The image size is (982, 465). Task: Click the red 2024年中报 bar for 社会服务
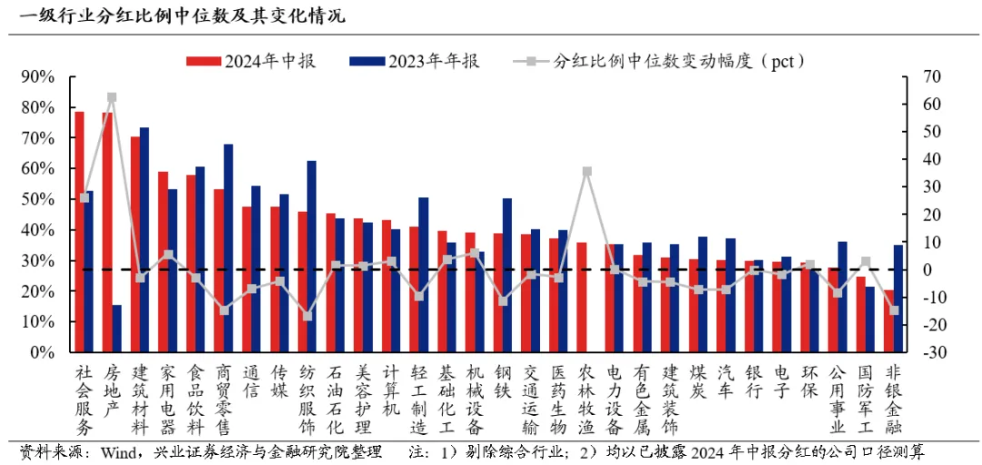[x=79, y=232]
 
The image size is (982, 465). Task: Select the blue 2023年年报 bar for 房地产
[x=116, y=329]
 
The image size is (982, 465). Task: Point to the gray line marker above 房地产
[x=112, y=96]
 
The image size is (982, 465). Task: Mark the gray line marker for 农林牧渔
[x=587, y=171]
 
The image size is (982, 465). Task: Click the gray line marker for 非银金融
[x=894, y=310]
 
